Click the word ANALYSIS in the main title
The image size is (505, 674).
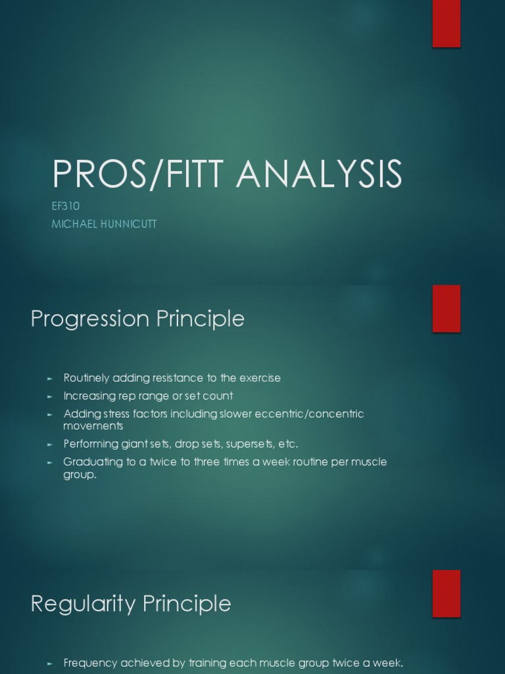[319, 174]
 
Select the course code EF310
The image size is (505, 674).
[66, 207]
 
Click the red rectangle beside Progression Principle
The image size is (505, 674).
[446, 309]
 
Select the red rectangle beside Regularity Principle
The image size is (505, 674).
[446, 594]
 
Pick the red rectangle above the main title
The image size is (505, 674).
[446, 24]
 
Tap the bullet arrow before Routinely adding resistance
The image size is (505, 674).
[49, 378]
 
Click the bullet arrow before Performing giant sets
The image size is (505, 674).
[49, 444]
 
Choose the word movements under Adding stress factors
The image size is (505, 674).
[93, 427]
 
